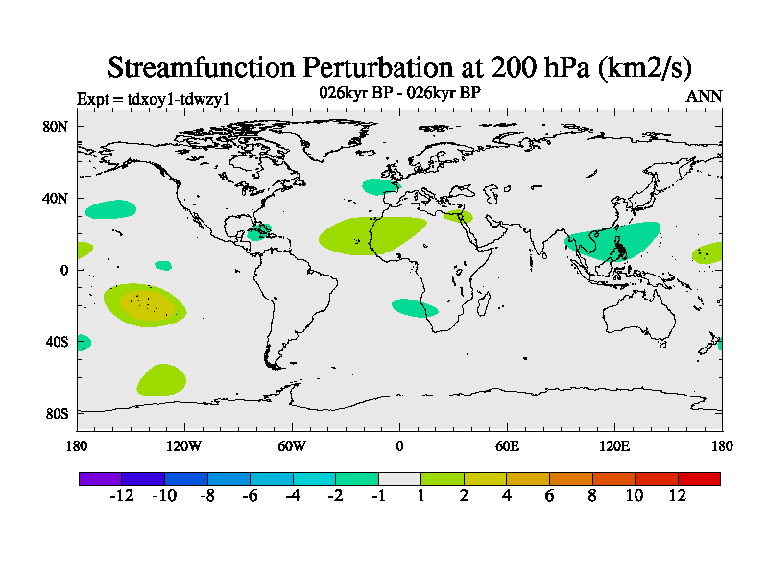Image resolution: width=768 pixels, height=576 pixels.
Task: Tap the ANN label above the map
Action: click(x=704, y=96)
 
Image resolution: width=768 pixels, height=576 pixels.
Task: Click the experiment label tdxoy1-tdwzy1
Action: click(x=153, y=99)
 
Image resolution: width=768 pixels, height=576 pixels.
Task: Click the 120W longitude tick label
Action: click(x=183, y=445)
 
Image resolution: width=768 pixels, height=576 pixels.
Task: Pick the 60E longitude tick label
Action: click(x=507, y=445)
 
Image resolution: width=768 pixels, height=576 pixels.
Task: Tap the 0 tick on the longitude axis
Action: click(x=399, y=445)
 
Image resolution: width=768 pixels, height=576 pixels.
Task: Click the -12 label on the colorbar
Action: click(x=121, y=495)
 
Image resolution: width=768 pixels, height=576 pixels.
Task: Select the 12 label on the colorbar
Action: click(x=678, y=495)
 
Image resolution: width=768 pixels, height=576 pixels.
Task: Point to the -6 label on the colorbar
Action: click(x=250, y=495)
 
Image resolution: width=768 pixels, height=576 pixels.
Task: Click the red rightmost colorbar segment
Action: click(x=699, y=478)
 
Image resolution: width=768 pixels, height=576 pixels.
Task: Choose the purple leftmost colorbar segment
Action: click(x=100, y=478)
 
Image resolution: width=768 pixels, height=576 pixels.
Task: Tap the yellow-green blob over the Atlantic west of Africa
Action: click(x=370, y=234)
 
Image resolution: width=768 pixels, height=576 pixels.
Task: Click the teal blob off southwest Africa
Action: click(x=415, y=308)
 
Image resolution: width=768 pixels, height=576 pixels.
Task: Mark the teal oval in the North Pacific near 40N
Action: click(x=110, y=208)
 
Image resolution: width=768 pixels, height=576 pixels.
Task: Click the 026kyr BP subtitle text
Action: click(x=399, y=93)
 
